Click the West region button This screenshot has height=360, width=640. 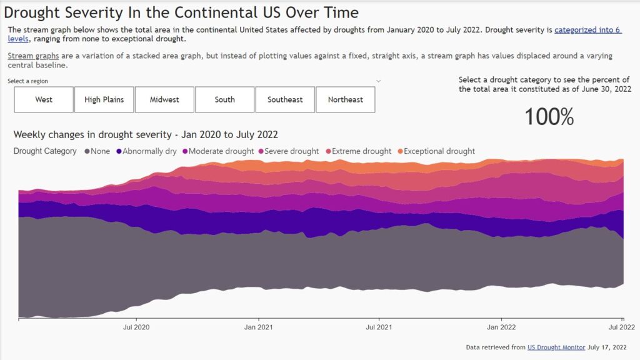click(x=44, y=99)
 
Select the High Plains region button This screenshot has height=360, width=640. click(x=104, y=99)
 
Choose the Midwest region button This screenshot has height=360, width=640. click(x=164, y=99)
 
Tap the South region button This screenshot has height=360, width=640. click(x=224, y=99)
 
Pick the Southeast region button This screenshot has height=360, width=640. click(x=285, y=99)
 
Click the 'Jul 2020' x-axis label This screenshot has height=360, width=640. click(x=136, y=327)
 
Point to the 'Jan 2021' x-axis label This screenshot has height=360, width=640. click(x=258, y=327)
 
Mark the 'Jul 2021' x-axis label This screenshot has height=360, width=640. click(x=379, y=327)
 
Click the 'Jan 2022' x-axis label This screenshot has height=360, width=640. click(x=501, y=327)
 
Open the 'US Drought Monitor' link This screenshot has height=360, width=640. click(x=556, y=347)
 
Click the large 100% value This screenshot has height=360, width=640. click(x=549, y=117)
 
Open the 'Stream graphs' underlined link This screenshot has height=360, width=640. click(x=32, y=56)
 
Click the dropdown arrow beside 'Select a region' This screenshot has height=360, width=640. click(x=378, y=81)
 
